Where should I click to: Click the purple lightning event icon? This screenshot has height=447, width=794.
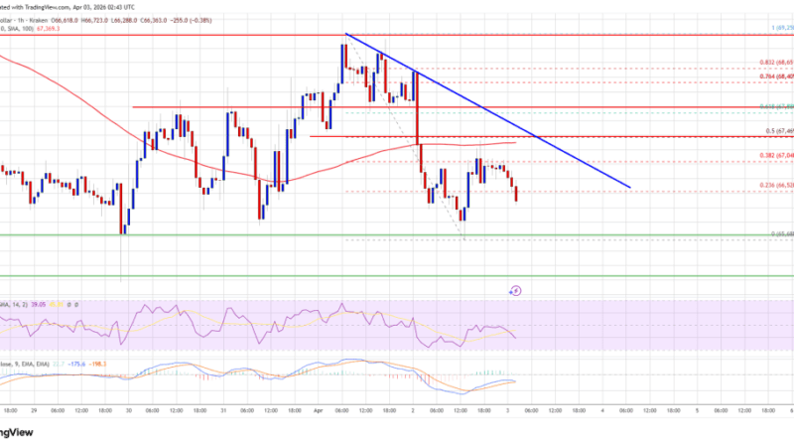(516, 290)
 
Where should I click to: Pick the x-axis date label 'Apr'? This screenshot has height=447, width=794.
(319, 408)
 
